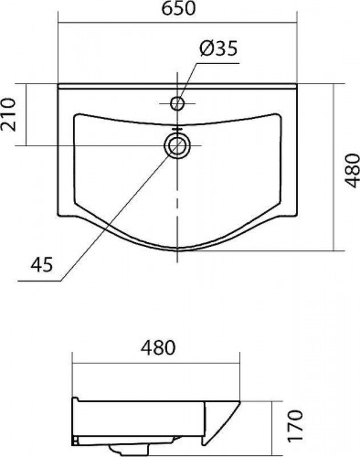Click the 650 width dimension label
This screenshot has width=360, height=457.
click(178, 8)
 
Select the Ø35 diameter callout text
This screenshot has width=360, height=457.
click(218, 48)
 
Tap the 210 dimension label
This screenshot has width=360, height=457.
click(8, 114)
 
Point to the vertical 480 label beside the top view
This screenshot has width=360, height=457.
click(353, 170)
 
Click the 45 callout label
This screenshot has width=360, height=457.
click(41, 264)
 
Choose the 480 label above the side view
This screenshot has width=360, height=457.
click(158, 347)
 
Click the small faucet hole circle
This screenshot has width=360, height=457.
click(177, 103)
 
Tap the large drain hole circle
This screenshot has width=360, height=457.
click(177, 145)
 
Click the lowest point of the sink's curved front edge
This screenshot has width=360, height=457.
click(178, 251)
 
